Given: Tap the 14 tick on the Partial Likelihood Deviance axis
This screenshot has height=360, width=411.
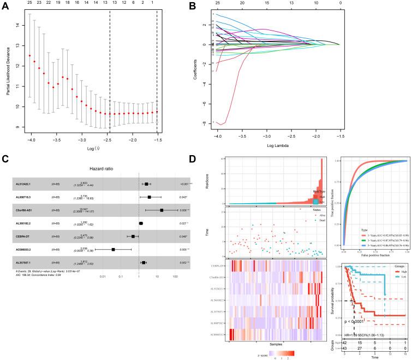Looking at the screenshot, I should tap(21, 25).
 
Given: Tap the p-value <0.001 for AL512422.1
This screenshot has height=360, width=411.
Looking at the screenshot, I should tap(176, 185).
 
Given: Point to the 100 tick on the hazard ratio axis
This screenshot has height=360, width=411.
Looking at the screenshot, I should tap(176, 276).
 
